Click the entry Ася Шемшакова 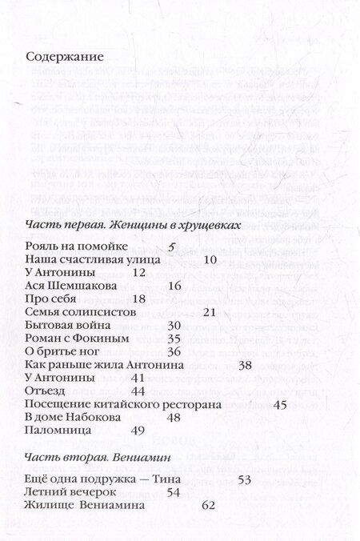coord(71,286)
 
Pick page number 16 coord(175,286)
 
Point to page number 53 coord(246,479)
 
